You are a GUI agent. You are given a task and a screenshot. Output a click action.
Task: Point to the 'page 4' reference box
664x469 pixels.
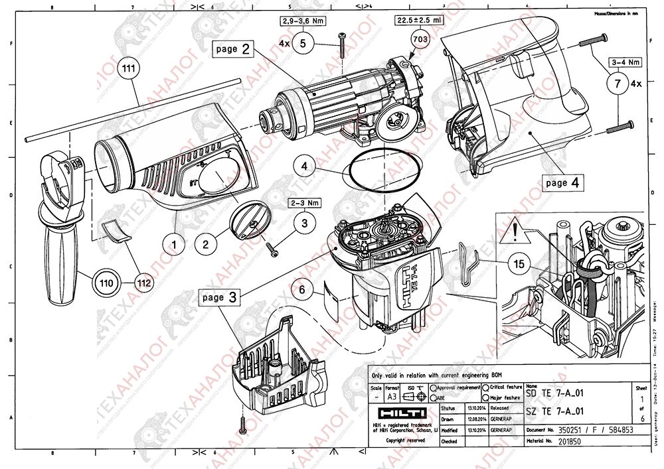[x=562, y=182]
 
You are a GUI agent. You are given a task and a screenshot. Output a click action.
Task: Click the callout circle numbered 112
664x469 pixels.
[x=142, y=283]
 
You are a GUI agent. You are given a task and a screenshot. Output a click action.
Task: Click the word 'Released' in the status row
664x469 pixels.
[x=500, y=409]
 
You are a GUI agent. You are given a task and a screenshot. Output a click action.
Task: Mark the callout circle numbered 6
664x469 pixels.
[x=303, y=289]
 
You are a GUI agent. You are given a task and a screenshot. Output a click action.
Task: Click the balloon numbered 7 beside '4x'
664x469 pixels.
[x=617, y=84]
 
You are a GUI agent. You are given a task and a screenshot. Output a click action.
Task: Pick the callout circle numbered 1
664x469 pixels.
[x=174, y=244]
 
